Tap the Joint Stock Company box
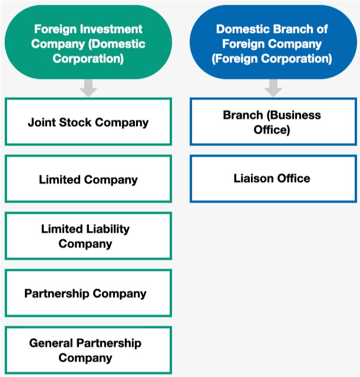click(x=88, y=122)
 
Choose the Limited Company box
click(x=88, y=179)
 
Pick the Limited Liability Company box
click(x=88, y=236)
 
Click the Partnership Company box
click(x=88, y=293)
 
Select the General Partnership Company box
click(x=88, y=350)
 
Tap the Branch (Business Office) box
click(x=273, y=122)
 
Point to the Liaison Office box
click(x=273, y=178)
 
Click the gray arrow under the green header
click(x=88, y=88)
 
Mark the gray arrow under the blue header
click(x=273, y=88)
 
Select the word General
click(x=51, y=343)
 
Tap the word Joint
click(x=41, y=123)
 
